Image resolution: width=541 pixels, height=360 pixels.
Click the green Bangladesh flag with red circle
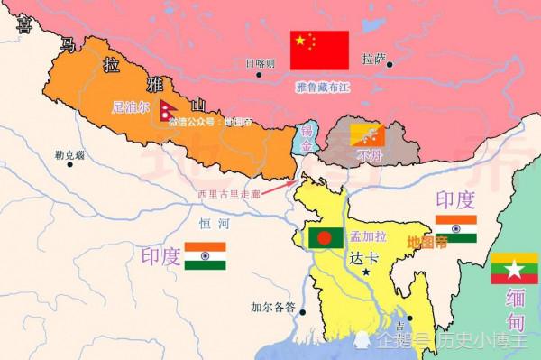[325, 237]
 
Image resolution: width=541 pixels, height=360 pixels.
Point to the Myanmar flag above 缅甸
[513, 269]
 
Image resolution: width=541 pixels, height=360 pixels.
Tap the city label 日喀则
[261, 63]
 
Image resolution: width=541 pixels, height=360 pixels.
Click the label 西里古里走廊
[233, 192]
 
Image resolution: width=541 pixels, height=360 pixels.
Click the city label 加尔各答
[272, 308]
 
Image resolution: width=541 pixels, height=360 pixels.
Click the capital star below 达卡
[366, 272]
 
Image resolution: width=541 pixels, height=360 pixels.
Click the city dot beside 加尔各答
[302, 312]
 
